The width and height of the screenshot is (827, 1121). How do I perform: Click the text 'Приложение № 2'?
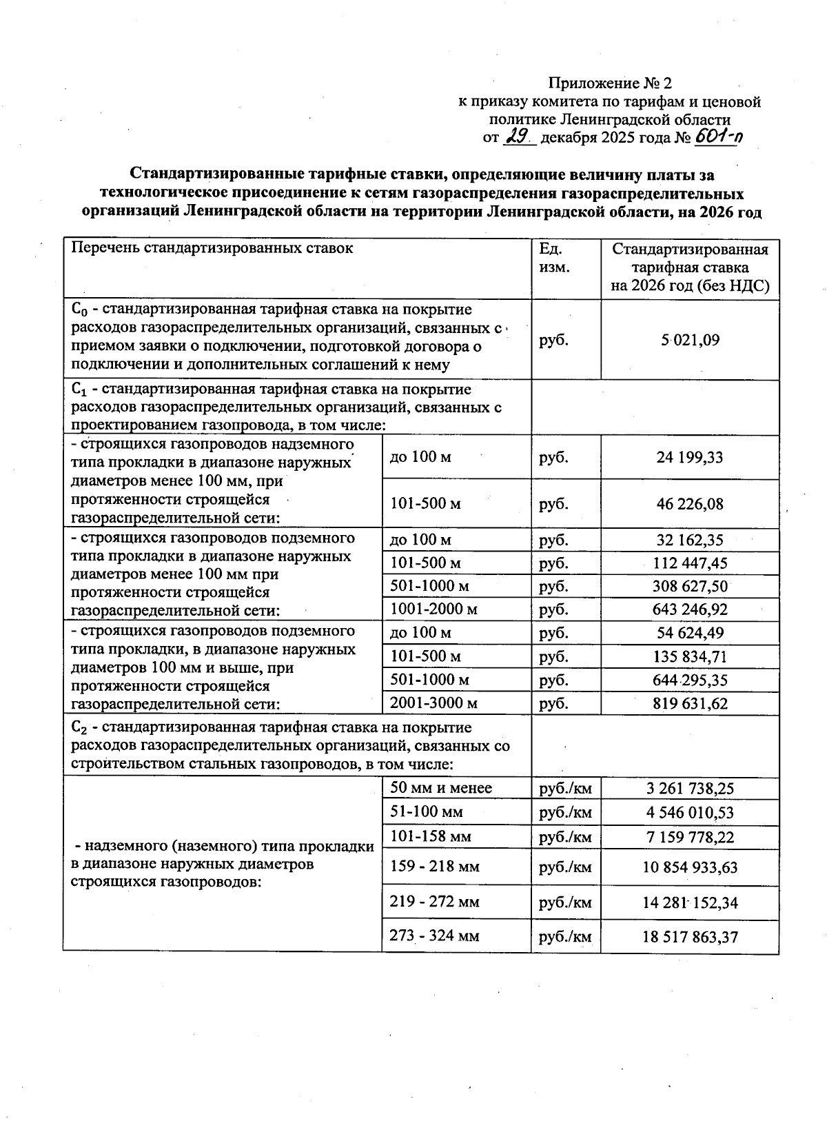point(609,84)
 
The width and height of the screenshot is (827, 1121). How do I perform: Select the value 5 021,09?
point(690,340)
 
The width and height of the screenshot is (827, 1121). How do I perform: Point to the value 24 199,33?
point(690,458)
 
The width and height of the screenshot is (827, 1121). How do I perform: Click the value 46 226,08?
point(690,504)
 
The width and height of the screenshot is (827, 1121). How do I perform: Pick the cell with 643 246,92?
point(690,609)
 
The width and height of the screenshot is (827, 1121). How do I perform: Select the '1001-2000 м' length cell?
point(433,609)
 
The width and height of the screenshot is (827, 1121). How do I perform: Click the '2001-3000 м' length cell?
point(433,703)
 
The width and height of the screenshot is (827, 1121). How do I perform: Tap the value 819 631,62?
point(690,704)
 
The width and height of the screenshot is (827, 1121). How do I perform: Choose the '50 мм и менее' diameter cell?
point(441,788)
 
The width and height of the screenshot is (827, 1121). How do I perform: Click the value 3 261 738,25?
point(690,789)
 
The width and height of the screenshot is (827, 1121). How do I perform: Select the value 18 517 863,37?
point(690,937)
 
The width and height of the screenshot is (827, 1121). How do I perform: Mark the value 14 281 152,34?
point(690,902)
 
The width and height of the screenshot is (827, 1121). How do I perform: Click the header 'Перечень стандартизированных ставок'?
point(212,249)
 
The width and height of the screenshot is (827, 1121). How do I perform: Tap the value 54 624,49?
point(690,633)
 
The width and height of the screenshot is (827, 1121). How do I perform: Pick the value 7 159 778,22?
point(690,838)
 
